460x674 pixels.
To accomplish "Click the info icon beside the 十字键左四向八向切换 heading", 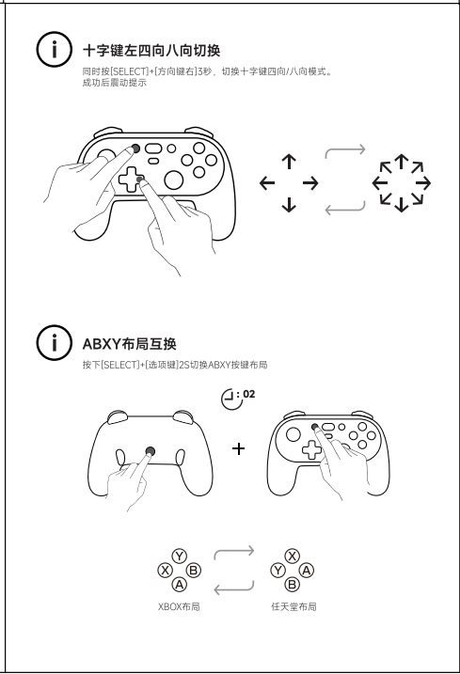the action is pos(54,50).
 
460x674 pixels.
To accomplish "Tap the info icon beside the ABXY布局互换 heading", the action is pos(54,342).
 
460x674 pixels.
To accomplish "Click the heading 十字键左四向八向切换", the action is pos(151,51).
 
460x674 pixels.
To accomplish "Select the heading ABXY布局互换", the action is pos(129,344).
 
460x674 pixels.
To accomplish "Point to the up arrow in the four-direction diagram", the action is pos(289,161).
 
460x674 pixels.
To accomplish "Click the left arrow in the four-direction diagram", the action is pos(267,182).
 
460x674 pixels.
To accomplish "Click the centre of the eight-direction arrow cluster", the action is pos(402,182).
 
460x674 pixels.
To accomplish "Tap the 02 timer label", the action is pos(248,394).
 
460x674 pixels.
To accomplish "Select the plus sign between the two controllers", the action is pos(238,448).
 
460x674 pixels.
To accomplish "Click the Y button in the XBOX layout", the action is pos(179,556).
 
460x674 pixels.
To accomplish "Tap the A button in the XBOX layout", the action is pos(179,585).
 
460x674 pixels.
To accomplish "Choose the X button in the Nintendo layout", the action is pos(293,556).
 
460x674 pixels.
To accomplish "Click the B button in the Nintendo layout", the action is pos(293,585).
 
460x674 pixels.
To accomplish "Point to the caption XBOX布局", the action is pos(179,606).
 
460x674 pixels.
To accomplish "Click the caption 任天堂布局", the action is pos(293,606).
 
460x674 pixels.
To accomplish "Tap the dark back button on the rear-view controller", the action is pos(151,451).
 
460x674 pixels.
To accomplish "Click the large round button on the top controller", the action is pos(174,180).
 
